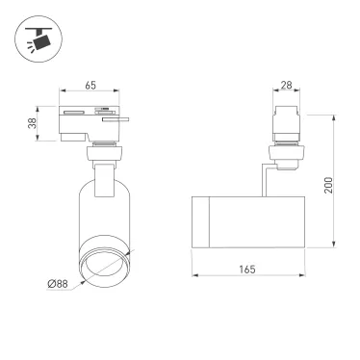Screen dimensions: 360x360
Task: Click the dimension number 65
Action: click(90, 86)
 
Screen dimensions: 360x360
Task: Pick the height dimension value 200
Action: click(327, 186)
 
